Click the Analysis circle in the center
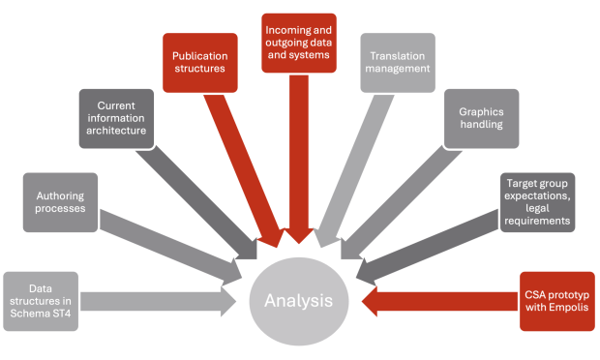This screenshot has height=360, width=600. coord(300,300)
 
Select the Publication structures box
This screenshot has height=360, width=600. coord(200,63)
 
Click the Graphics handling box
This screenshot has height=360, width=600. coord(481,117)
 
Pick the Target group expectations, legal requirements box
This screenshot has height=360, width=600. coord(536,200)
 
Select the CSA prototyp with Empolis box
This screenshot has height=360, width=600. coord(555,300)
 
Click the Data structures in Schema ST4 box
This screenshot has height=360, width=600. coord(45,300)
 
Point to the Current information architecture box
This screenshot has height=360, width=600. coord(116,117)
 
